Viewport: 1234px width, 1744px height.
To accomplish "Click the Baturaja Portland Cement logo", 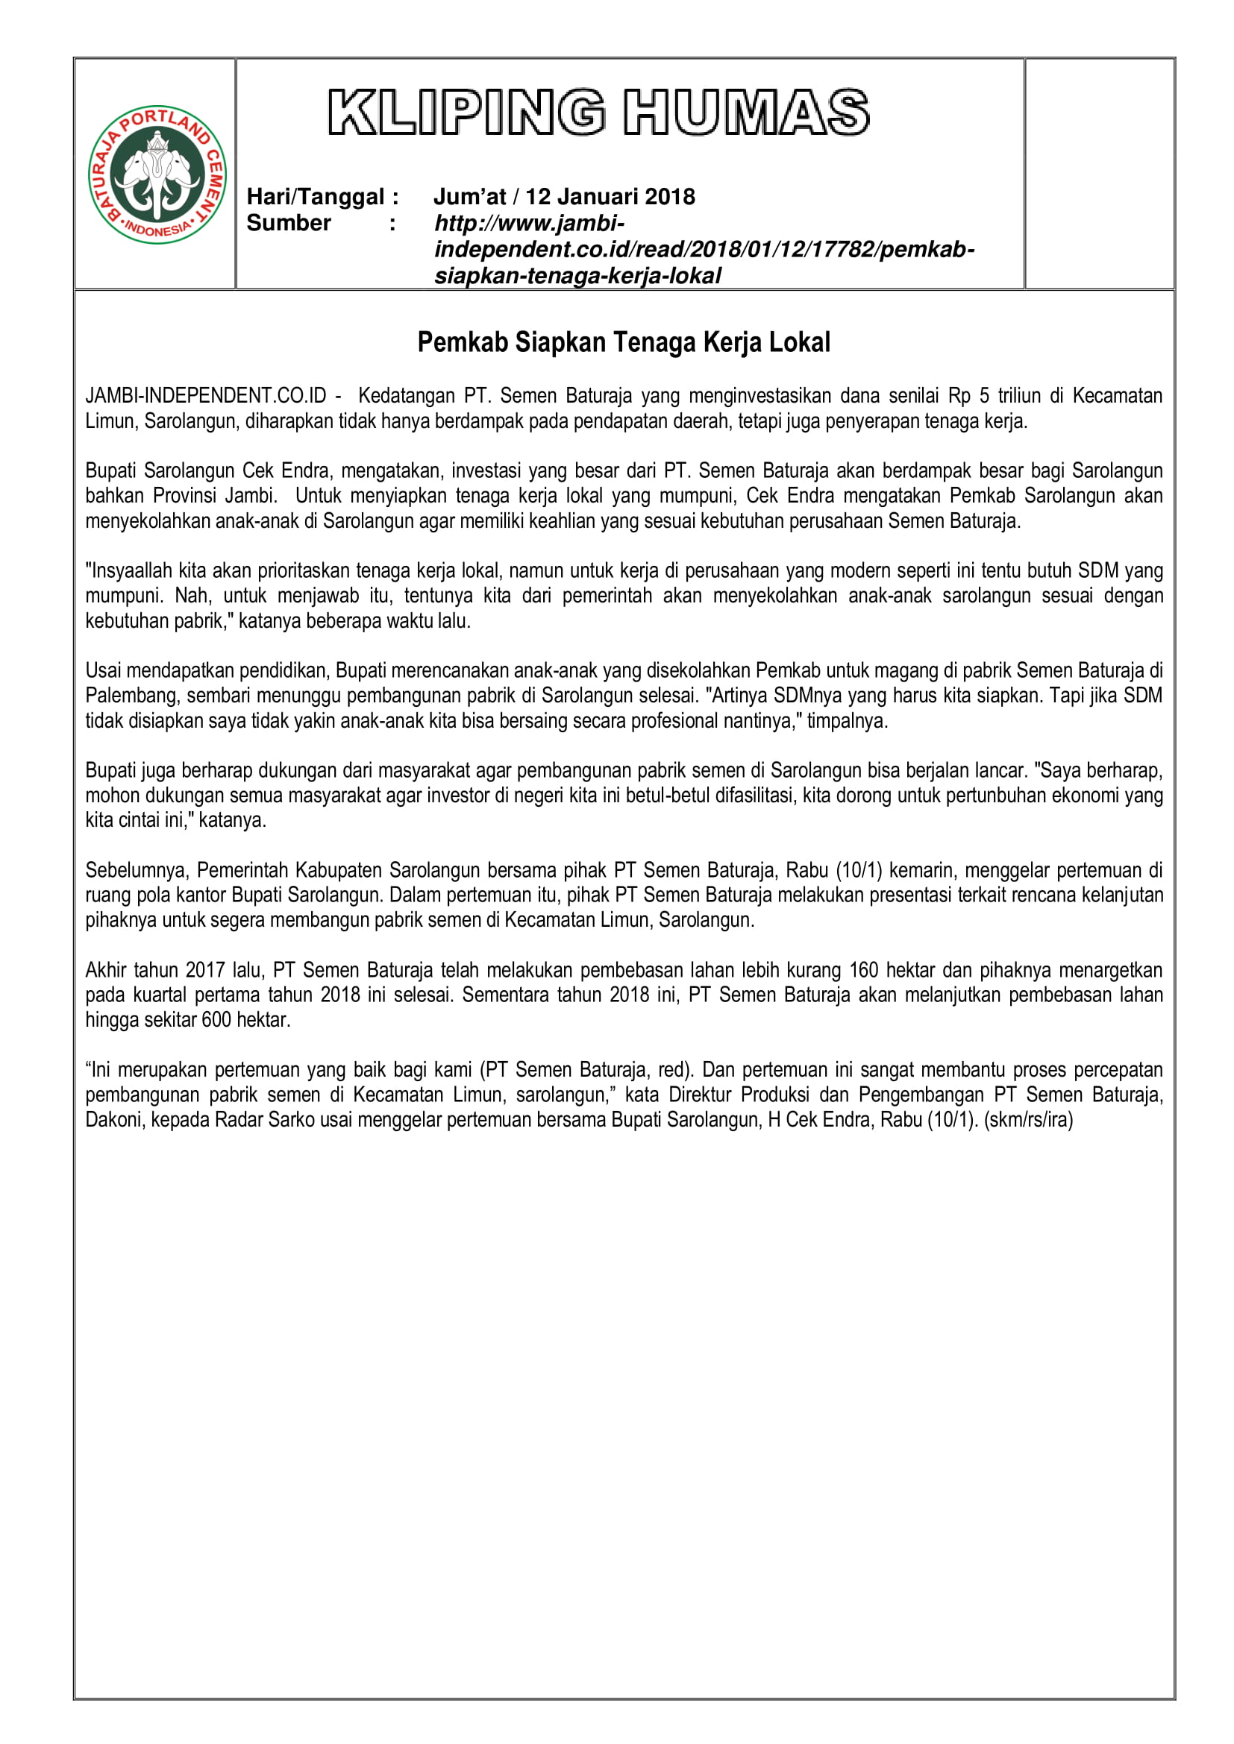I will (157, 174).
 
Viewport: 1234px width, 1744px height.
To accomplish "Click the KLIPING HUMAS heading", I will (599, 113).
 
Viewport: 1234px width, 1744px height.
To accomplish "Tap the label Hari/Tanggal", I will (316, 197).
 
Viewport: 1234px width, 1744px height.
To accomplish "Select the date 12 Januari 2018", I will (610, 197).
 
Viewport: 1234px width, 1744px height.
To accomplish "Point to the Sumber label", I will (289, 224).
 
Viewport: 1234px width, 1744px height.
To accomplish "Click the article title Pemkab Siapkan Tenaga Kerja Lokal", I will (624, 342).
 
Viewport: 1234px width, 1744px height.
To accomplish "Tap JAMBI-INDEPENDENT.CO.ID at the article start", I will (205, 396).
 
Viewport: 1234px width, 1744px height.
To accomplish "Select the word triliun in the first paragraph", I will (1019, 396).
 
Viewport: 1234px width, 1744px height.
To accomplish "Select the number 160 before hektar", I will (863, 970).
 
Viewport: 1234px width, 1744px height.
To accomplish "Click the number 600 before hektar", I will (216, 1019).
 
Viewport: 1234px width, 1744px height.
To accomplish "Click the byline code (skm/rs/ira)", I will (1028, 1120).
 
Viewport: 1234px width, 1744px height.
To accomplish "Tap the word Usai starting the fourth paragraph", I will (104, 671).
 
